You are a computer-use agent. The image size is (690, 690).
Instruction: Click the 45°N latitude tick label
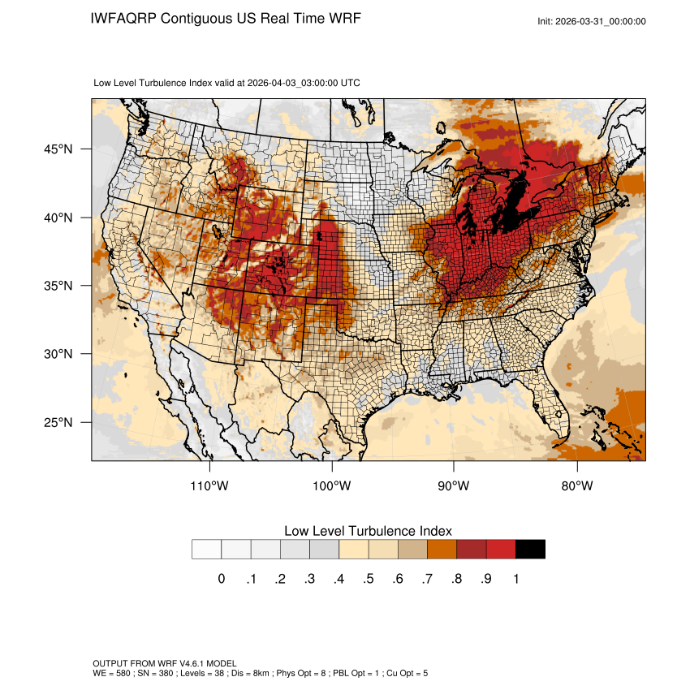58,149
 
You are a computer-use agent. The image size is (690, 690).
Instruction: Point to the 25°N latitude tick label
58,423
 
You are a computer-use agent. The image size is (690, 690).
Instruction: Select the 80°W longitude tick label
576,486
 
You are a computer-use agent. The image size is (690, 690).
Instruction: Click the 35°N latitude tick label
58,286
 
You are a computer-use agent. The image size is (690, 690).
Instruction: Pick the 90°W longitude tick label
454,486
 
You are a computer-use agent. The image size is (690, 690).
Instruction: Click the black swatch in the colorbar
530,550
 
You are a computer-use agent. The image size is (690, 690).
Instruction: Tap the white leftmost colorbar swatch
206,550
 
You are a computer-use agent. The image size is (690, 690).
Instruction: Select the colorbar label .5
368,579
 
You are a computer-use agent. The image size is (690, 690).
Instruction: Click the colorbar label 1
515,579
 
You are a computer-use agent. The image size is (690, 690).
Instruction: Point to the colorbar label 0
221,579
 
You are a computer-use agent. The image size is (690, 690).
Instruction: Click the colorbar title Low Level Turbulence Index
368,531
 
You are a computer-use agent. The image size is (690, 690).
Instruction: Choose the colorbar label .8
456,579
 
